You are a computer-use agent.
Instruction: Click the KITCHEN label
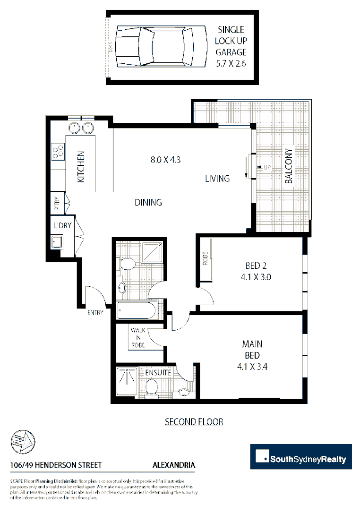[x=81, y=167]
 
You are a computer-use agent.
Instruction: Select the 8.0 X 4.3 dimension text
[x=166, y=160]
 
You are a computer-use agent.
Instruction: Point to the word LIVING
[x=217, y=179]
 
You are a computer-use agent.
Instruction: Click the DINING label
[x=148, y=202]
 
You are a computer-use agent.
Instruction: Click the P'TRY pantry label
[x=57, y=203]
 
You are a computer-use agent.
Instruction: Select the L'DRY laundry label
[x=62, y=225]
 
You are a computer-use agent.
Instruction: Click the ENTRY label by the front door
[x=95, y=312]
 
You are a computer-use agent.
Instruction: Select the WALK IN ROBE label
[x=138, y=337]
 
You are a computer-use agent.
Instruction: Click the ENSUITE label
[x=158, y=373]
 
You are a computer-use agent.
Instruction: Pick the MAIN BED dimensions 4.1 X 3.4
[x=253, y=366]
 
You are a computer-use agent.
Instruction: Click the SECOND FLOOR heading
[x=194, y=421]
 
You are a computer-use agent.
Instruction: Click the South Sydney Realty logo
[x=301, y=457]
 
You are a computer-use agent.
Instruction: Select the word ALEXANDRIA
[x=174, y=465]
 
